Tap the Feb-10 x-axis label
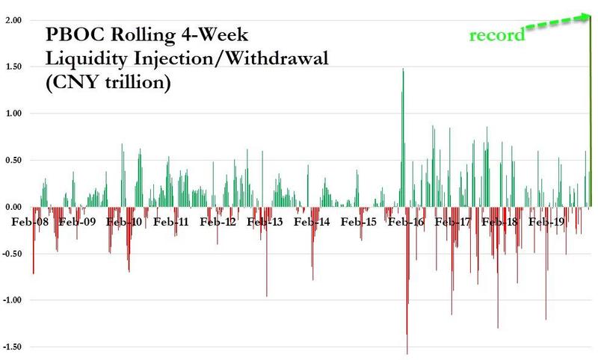coord(126,222)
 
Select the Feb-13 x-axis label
coord(265,222)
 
